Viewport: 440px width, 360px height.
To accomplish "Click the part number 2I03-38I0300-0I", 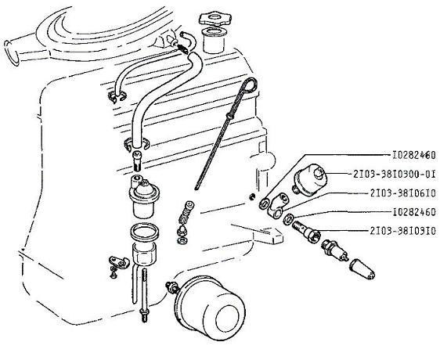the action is [x=394, y=175].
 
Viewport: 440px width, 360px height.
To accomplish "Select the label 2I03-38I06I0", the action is [x=402, y=193].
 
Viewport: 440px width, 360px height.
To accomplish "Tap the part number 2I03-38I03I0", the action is [x=402, y=231].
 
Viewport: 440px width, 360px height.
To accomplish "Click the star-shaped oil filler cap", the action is [x=212, y=19].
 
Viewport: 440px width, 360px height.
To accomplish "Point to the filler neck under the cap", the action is [x=213, y=40].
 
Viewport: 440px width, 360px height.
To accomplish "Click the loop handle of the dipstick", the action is [x=250, y=85].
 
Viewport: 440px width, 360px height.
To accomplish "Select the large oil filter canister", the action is [x=210, y=307].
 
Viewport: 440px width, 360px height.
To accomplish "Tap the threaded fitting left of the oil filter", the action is [x=171, y=286].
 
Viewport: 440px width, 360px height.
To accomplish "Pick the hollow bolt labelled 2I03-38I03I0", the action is [x=306, y=230].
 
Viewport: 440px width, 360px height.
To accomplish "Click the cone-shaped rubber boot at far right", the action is [x=362, y=268].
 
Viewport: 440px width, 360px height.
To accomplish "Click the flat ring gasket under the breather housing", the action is [x=145, y=232].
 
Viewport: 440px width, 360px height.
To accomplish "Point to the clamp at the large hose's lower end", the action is [x=136, y=144].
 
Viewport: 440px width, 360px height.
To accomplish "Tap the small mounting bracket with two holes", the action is [x=119, y=261].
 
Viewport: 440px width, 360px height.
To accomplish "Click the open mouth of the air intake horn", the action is [x=11, y=53].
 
